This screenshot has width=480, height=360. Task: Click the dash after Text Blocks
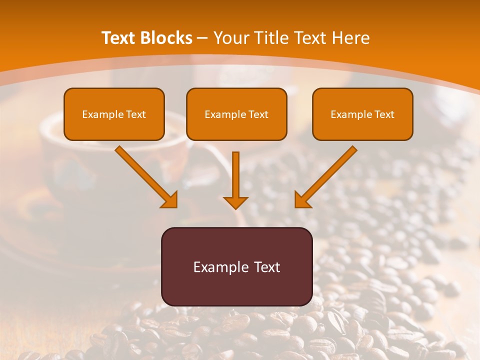202,38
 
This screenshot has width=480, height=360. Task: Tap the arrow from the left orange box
145,175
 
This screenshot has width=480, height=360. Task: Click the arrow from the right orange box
327,175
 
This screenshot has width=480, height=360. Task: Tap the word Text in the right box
384,114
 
